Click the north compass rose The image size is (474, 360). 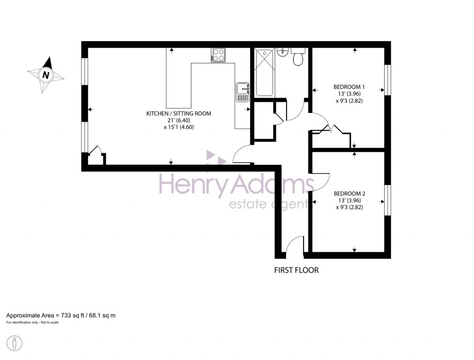(x=46, y=74)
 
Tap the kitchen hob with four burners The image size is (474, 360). (x=218, y=55)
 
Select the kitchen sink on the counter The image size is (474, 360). (x=243, y=92)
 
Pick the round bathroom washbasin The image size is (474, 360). (x=283, y=52)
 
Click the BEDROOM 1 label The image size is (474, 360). (x=349, y=87)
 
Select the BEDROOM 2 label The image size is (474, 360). (x=349, y=193)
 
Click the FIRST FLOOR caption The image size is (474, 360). (x=296, y=270)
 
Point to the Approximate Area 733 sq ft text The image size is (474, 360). (x=61, y=315)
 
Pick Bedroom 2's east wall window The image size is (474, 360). (x=388, y=200)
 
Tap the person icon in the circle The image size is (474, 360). (x=15, y=343)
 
